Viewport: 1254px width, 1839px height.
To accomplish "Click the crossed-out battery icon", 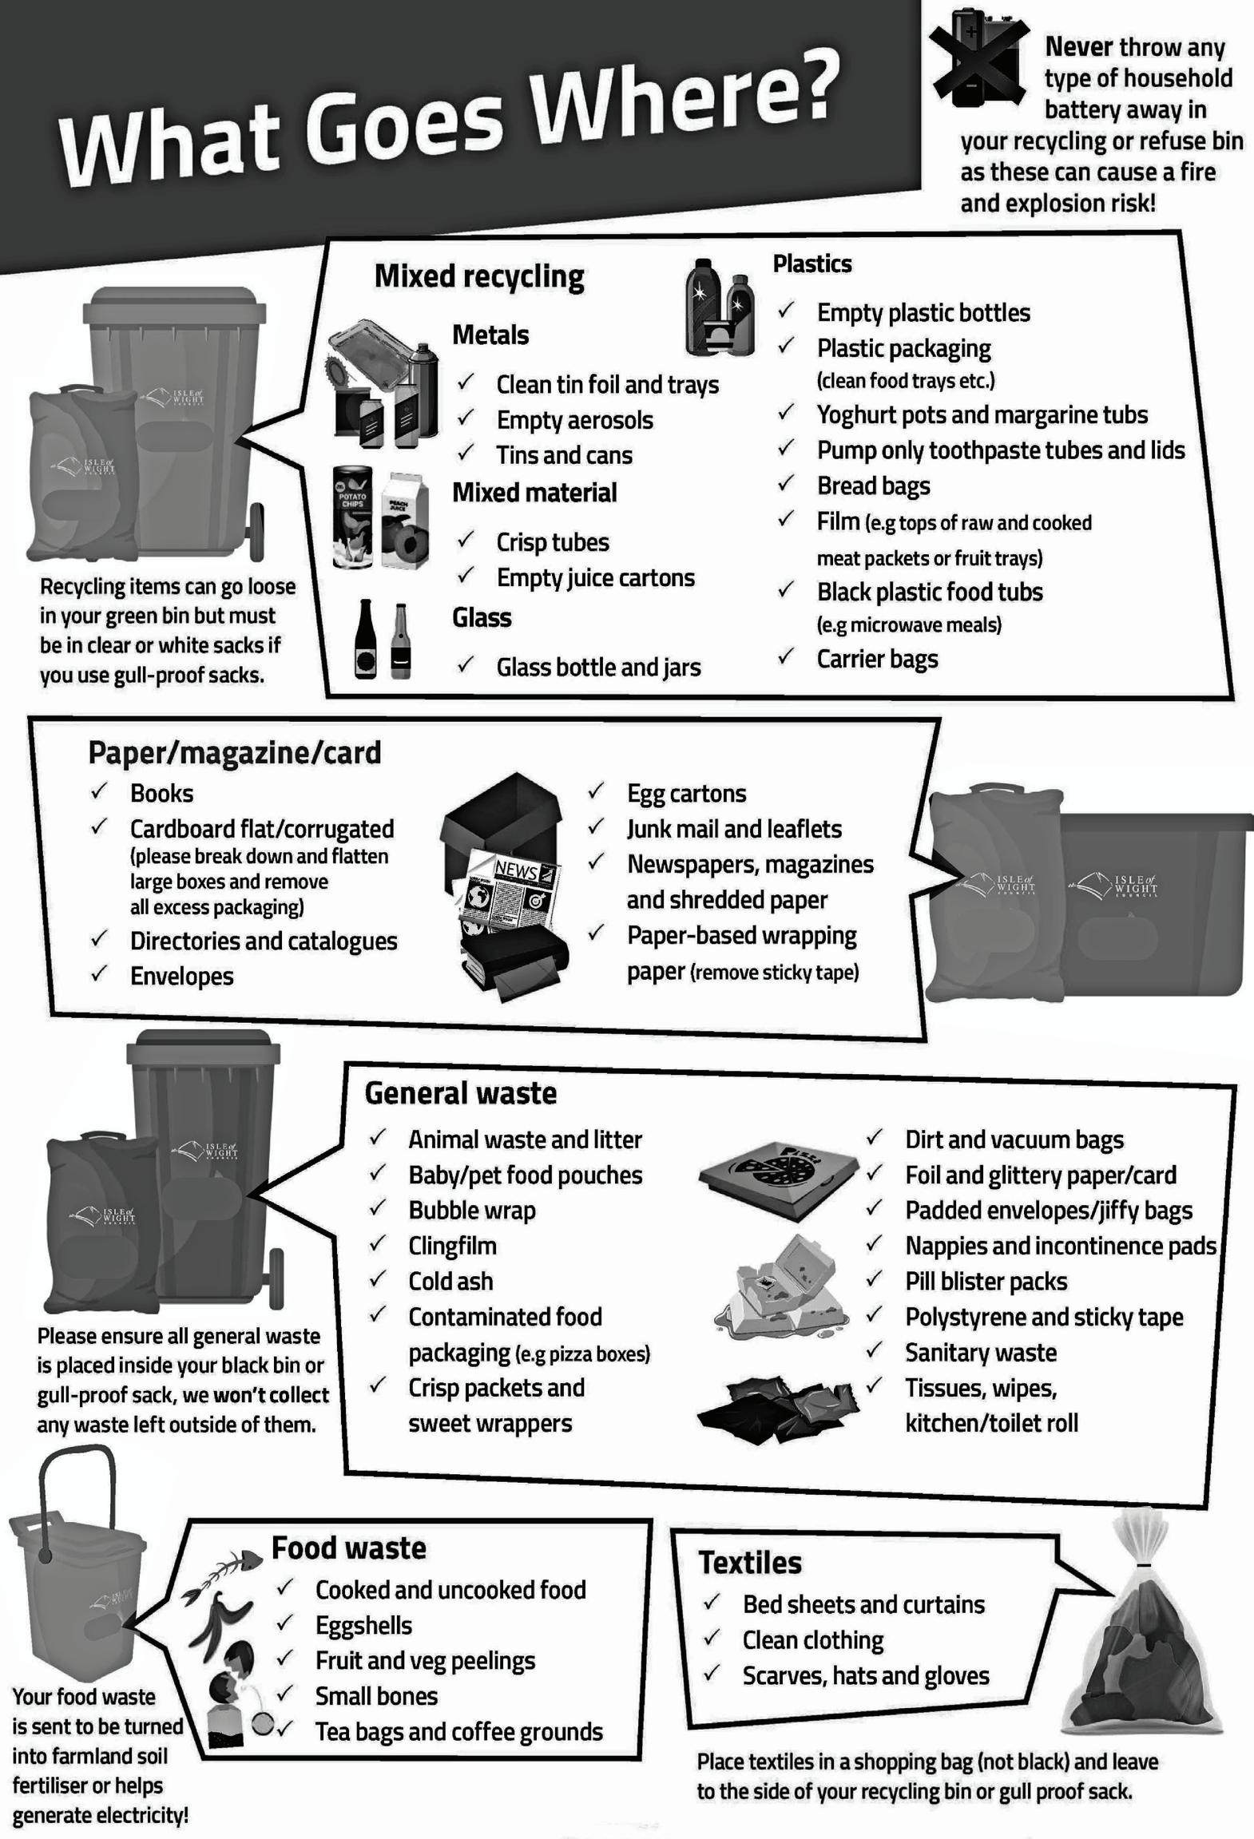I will [x=980, y=57].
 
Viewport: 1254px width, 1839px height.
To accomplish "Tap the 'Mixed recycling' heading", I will [x=479, y=276].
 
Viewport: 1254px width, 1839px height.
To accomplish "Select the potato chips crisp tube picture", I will [x=352, y=517].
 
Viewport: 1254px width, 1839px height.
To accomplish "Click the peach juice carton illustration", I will [x=405, y=521].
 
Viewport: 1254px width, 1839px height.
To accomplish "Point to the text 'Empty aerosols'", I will [x=574, y=420].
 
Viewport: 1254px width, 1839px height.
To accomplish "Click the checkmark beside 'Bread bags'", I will [x=787, y=483].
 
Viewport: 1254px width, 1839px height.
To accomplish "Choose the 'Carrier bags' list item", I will [x=877, y=659].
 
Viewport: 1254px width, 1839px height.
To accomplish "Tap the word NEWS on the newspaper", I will [x=515, y=870].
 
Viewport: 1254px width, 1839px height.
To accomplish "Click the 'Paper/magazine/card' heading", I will [x=234, y=752].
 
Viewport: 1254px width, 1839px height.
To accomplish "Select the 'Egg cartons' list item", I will [x=686, y=793].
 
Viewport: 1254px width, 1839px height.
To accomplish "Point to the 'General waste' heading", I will [x=460, y=1093].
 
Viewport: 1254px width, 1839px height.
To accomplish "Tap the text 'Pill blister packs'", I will [x=986, y=1282].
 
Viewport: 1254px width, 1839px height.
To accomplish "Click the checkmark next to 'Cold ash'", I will [x=378, y=1280].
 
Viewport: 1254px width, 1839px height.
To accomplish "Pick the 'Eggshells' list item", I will [x=363, y=1625].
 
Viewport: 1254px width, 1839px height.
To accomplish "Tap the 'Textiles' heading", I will [x=749, y=1563].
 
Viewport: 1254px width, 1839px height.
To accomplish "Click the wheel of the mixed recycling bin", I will [x=257, y=532].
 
